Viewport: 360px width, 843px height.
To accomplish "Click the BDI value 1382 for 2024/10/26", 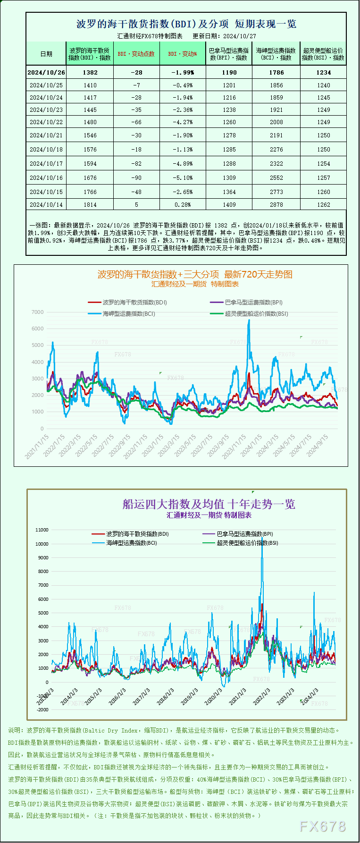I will click(x=90, y=72).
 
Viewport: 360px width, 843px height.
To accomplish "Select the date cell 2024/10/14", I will click(x=46, y=204).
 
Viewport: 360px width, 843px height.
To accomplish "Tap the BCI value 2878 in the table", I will click(x=276, y=204).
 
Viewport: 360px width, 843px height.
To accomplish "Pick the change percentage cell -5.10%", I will click(x=183, y=177).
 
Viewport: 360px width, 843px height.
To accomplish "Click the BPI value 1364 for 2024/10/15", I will click(x=229, y=192).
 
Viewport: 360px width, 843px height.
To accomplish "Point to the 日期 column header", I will click(x=46, y=54).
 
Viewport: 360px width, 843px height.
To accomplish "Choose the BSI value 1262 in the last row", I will click(x=324, y=204).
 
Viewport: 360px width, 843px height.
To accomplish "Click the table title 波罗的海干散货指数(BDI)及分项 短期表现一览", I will click(x=186, y=24).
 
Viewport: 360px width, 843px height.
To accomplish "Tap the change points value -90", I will click(x=136, y=177).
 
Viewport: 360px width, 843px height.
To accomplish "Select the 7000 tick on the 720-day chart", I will click(x=38, y=312).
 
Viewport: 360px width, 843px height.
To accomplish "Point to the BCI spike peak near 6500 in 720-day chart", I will click(x=249, y=320).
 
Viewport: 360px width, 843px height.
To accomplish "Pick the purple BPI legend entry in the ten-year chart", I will click(x=238, y=534).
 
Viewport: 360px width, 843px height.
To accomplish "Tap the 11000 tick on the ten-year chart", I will click(x=42, y=530).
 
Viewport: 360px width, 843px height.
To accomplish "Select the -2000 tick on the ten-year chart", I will click(x=42, y=709).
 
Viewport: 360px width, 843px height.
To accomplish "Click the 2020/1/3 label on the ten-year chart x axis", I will click(x=213, y=697).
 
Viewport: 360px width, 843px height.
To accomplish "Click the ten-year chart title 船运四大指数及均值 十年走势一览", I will click(x=209, y=504).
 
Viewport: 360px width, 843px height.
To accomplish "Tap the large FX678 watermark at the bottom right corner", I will click(x=323, y=826).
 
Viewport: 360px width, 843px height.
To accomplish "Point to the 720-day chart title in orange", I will click(x=195, y=274).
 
